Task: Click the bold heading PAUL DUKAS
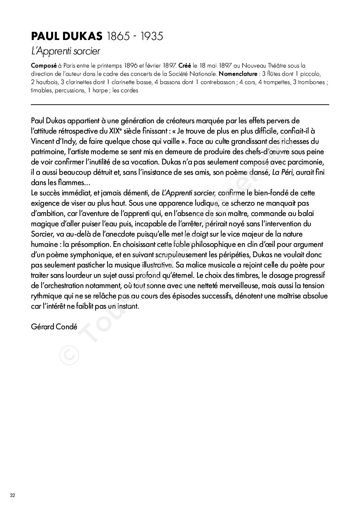pos(66,37)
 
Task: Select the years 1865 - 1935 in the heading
pos(135,37)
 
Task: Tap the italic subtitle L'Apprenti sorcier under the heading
pos(65,52)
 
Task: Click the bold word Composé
pos(44,66)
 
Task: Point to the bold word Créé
pos(185,66)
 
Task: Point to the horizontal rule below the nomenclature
pos(180,105)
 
